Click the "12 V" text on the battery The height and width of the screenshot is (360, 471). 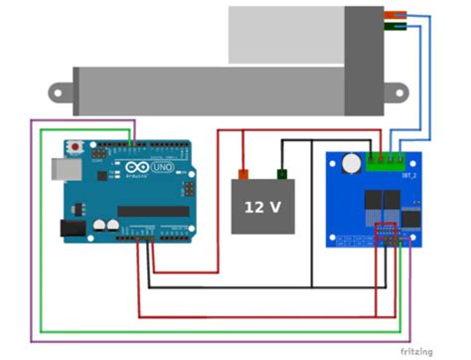(x=262, y=207)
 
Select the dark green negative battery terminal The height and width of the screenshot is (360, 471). (x=282, y=173)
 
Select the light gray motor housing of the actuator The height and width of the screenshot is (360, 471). (x=288, y=35)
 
